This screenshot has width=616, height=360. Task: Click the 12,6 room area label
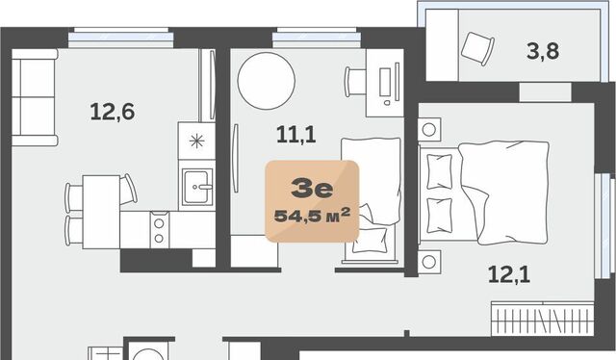[113, 112]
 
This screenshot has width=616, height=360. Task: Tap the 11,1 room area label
[296, 135]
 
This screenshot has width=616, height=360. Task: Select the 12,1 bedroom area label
[509, 274]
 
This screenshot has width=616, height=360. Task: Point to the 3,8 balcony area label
[543, 51]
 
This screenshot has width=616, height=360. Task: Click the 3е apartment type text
[312, 189]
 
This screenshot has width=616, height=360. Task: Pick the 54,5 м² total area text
[312, 216]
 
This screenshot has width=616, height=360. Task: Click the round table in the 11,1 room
[267, 81]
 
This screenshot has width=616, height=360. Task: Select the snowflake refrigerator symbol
[196, 141]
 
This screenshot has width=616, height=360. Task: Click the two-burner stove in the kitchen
[159, 230]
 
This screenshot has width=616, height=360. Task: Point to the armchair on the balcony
[477, 49]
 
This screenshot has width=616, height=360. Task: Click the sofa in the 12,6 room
[35, 97]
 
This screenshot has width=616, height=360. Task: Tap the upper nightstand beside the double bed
[429, 129]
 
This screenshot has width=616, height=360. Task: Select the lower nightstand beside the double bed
[429, 262]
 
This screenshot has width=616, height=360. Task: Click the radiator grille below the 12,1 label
[543, 319]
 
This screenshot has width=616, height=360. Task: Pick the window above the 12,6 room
[121, 38]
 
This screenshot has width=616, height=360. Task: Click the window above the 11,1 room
[317, 38]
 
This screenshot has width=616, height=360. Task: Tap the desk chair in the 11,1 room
[355, 82]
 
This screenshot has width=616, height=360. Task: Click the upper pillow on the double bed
[439, 171]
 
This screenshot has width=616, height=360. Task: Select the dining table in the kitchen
[101, 212]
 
